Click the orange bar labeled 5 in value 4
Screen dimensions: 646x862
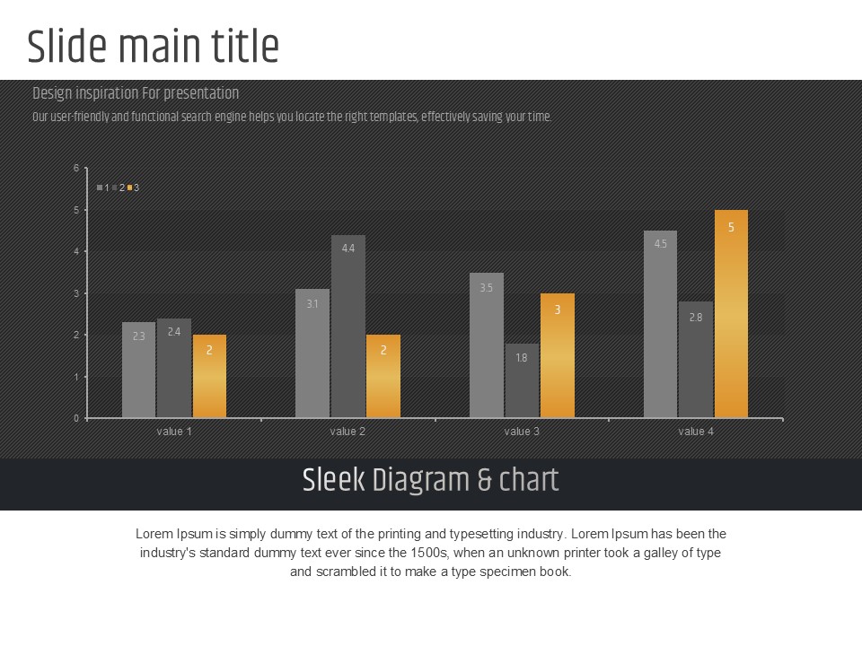coord(731,314)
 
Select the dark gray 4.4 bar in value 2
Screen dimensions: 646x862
coord(348,327)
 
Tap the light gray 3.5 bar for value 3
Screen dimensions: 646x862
coord(487,345)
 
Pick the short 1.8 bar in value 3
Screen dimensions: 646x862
coord(522,380)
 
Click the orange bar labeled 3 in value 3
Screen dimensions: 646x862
coord(557,355)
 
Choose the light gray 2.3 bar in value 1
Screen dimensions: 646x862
coord(138,370)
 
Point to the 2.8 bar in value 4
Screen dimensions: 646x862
coord(696,360)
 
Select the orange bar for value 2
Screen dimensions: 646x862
coord(383,376)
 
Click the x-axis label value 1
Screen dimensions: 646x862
coord(174,432)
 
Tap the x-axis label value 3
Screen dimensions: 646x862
coord(522,432)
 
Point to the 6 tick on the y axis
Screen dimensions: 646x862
coord(76,168)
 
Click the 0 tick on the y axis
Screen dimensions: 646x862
coord(76,418)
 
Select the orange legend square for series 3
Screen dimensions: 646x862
coord(129,188)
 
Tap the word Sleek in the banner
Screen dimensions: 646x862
coord(333,481)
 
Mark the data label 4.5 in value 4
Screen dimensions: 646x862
coord(661,244)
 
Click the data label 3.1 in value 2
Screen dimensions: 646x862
coord(312,304)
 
